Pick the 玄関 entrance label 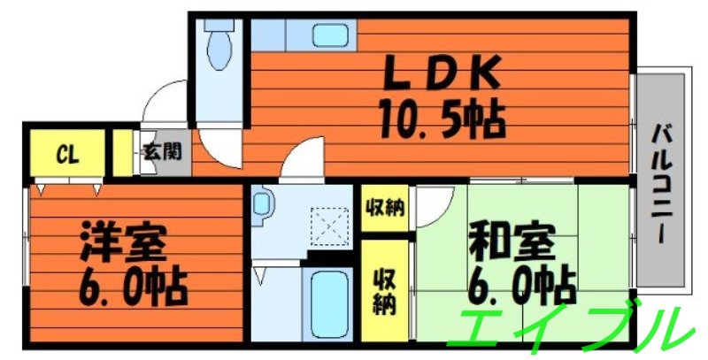(x=161, y=153)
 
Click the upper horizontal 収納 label (x=385, y=209)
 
